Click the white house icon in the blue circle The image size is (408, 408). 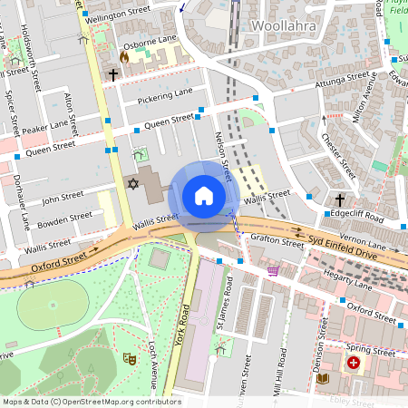click(204, 195)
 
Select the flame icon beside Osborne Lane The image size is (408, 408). click(124, 56)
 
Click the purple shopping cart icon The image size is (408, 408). click(273, 269)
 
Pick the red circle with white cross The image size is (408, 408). click(353, 362)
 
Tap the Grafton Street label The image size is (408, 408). click(278, 242)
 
